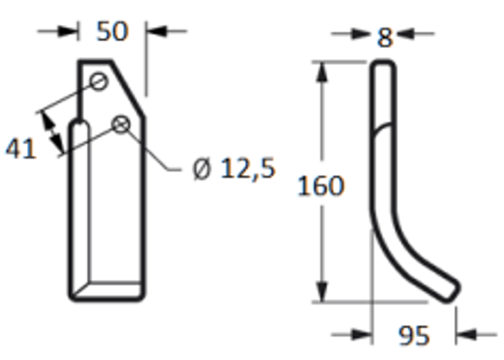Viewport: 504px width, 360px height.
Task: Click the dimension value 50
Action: [x=113, y=31]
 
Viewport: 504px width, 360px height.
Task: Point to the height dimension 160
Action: [x=321, y=186]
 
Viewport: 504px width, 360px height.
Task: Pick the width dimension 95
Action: [x=414, y=336]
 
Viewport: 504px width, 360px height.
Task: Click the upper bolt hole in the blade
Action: [x=99, y=82]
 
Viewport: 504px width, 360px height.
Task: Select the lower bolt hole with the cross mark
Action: [x=121, y=124]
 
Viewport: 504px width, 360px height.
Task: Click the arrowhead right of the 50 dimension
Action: [x=156, y=31]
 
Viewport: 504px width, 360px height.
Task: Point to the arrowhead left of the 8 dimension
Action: [x=361, y=33]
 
